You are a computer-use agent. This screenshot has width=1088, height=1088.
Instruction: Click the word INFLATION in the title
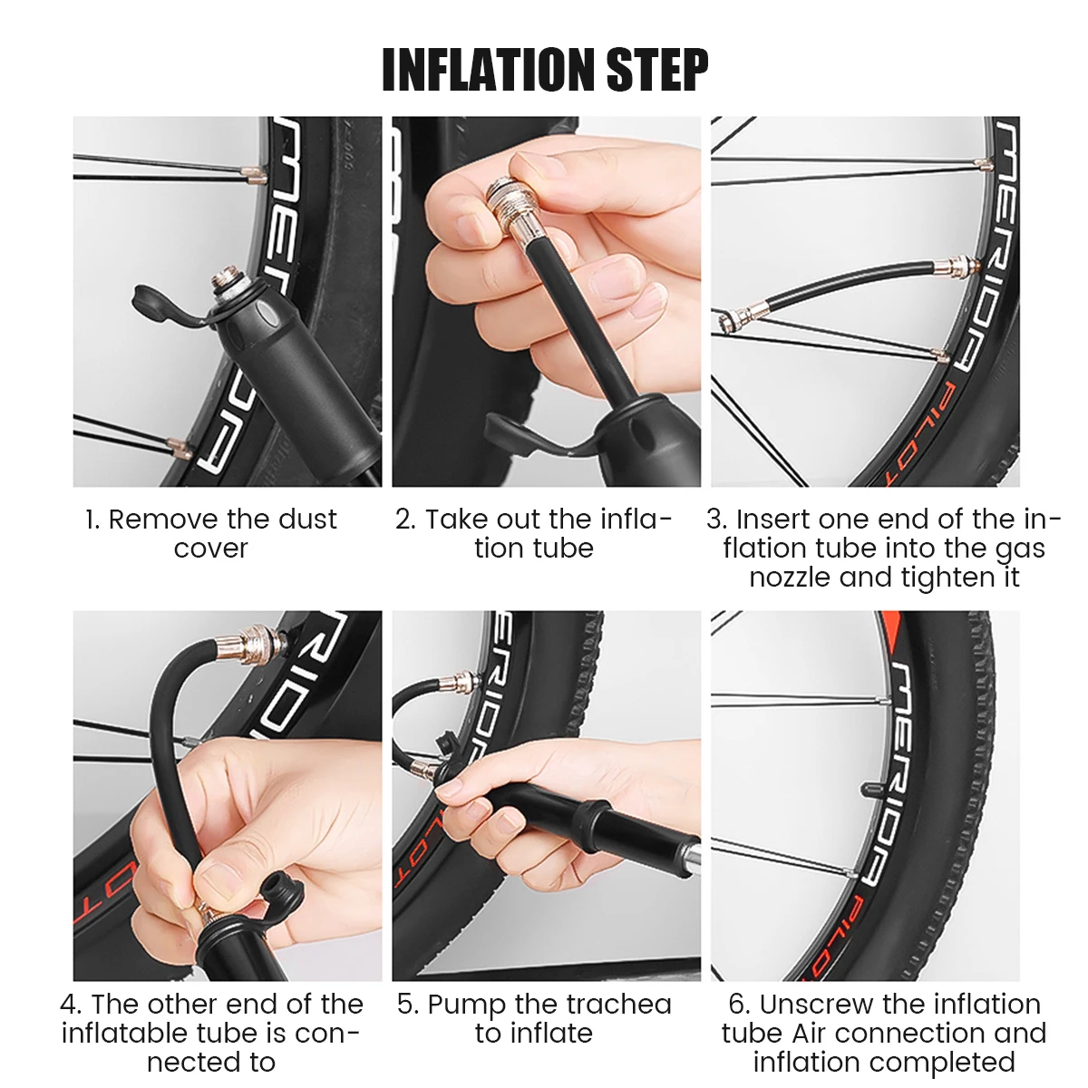click(490, 70)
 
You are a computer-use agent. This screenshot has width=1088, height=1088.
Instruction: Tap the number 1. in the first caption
click(92, 520)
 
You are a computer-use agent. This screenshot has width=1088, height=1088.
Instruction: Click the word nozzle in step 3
click(790, 577)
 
